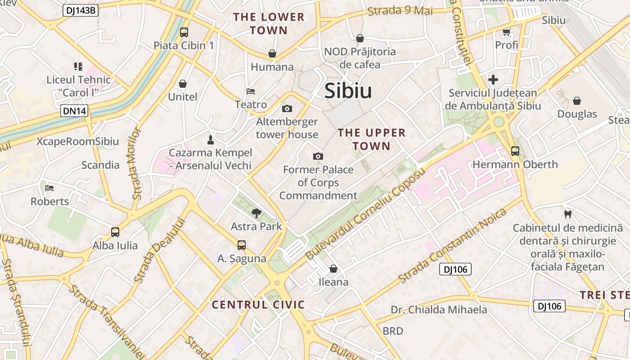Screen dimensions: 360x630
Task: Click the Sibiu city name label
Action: (x=348, y=91)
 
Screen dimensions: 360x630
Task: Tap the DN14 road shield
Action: (x=74, y=111)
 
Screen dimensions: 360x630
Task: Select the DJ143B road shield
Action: (x=81, y=10)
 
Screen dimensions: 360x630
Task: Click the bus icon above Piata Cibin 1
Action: (x=184, y=32)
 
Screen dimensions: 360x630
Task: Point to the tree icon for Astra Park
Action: (x=256, y=213)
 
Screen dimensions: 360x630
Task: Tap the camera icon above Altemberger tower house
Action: (x=287, y=108)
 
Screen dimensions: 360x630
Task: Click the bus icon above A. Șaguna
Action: (x=242, y=245)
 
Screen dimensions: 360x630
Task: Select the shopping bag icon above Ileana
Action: (x=333, y=269)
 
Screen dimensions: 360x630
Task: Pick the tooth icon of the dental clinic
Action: (x=567, y=214)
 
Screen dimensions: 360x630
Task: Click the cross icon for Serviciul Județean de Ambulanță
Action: (x=493, y=80)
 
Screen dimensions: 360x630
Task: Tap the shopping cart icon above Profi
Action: (x=506, y=32)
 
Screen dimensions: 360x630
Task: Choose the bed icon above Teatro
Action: (x=251, y=91)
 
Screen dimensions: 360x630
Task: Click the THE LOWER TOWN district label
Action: (x=269, y=24)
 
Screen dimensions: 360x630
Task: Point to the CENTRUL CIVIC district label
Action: (x=258, y=305)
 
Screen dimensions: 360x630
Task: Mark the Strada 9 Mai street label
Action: (x=400, y=11)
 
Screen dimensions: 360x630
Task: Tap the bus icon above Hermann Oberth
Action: (x=515, y=151)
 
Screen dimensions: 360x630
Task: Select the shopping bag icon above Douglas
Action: (x=577, y=101)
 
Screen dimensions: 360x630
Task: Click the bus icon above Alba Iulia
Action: (x=115, y=232)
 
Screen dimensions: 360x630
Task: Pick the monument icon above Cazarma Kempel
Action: (x=210, y=139)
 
